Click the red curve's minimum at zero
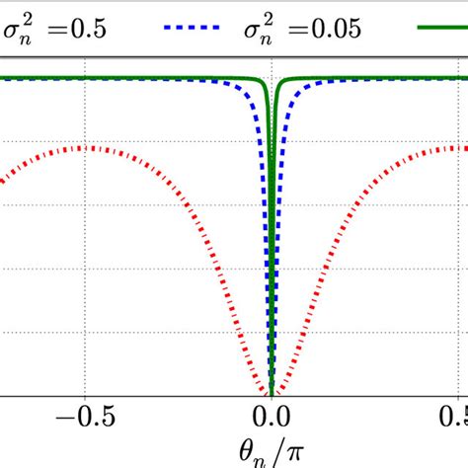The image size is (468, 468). coord(272,393)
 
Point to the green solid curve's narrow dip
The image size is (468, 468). coord(272,148)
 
